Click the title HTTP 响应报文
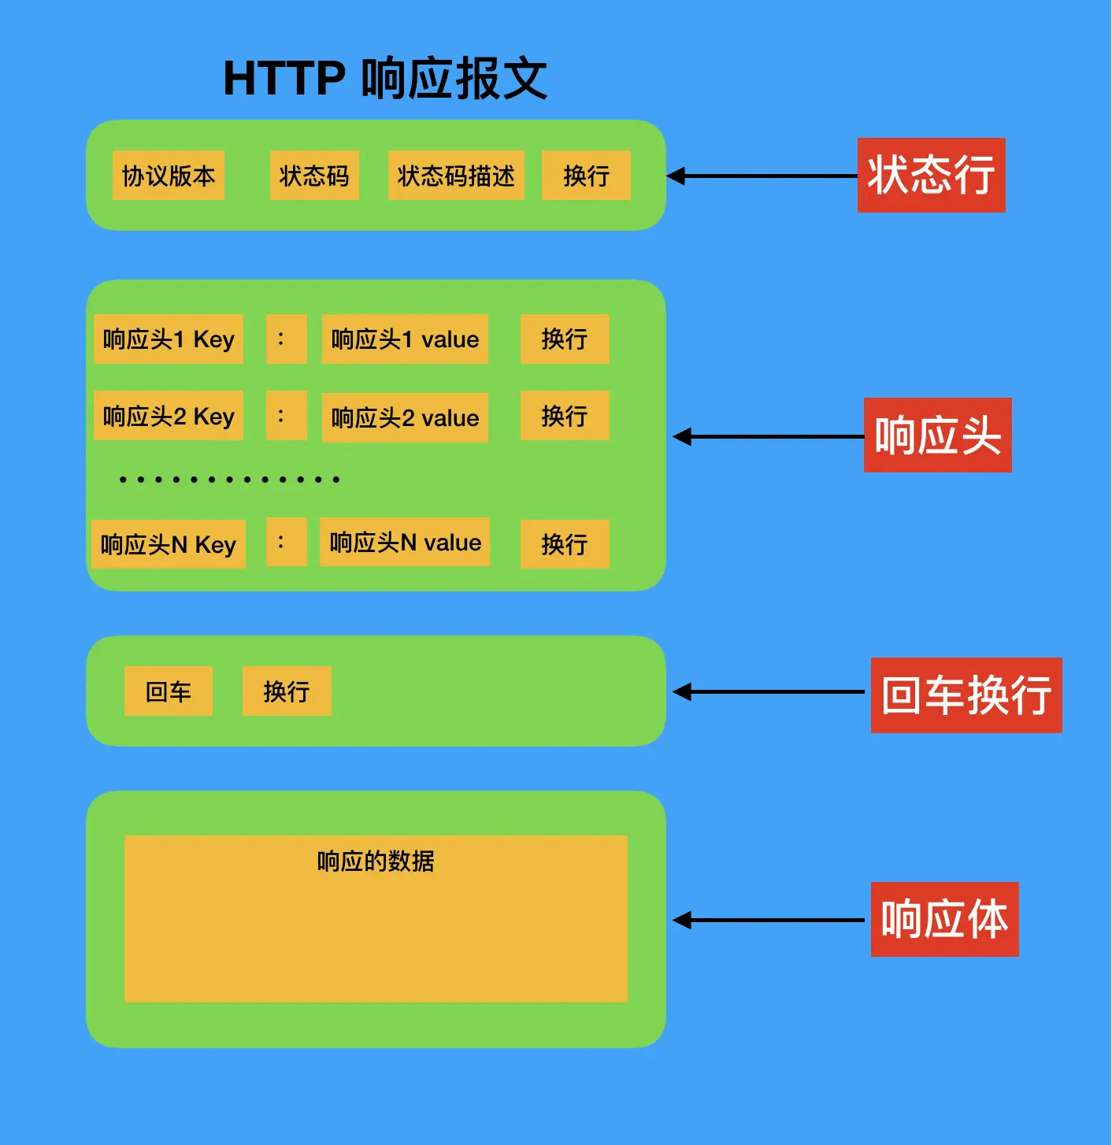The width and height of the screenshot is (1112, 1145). click(385, 79)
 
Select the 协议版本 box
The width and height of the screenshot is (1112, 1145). click(169, 176)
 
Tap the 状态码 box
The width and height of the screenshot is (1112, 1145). click(314, 176)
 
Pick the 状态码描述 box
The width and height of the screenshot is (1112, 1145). click(456, 176)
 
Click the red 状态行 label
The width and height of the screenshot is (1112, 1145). click(931, 175)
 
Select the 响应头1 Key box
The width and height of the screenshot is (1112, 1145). click(169, 339)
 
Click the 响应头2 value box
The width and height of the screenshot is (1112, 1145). click(405, 417)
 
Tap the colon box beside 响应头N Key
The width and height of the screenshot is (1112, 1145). click(286, 542)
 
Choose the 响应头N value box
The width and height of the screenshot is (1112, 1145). click(405, 542)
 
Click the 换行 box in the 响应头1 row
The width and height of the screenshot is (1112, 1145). click(565, 339)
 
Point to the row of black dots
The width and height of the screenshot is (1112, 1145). click(229, 479)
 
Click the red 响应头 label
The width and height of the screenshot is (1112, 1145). click(937, 435)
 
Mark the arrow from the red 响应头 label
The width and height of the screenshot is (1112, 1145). click(768, 436)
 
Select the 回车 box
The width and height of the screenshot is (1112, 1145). click(169, 691)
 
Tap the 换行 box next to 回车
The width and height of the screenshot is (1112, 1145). click(287, 691)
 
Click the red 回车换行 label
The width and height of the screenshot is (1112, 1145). click(966, 695)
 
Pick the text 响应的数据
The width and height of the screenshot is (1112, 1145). click(376, 862)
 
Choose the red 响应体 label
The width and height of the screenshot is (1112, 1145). click(944, 919)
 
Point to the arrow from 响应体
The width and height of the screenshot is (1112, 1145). click(768, 920)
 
